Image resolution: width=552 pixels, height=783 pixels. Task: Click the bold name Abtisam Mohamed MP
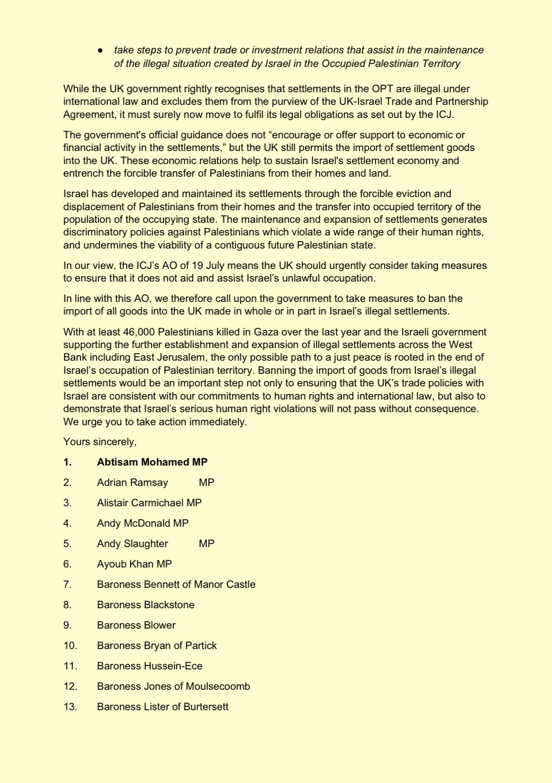point(152,462)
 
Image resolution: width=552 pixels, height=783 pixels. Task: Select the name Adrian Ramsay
point(132,483)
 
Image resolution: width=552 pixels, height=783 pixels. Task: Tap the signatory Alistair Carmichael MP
point(149,503)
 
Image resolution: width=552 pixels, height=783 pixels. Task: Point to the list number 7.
point(68,584)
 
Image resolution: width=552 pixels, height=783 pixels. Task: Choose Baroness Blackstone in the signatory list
point(145,605)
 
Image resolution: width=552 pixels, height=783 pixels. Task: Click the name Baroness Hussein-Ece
point(150,666)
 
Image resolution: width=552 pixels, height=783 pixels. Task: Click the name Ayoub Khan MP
point(134,564)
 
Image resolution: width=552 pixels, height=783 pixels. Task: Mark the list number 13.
point(70,707)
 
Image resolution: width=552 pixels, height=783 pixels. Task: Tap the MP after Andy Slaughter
point(207,544)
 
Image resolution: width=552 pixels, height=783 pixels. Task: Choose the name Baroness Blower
point(136,625)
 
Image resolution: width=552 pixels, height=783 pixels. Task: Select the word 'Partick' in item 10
point(201,646)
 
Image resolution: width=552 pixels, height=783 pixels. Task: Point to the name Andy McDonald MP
point(142,523)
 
